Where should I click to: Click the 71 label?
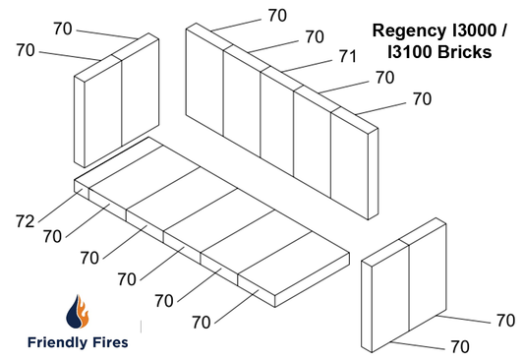click(348, 57)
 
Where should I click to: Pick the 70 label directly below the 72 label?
click(53, 237)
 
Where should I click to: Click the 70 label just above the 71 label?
click(315, 37)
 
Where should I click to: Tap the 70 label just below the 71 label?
click(385, 77)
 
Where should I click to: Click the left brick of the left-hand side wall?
click(98, 113)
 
